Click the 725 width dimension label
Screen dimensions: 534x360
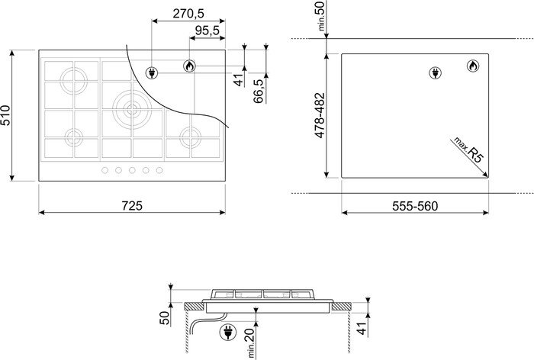132,206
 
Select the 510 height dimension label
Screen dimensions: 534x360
6,115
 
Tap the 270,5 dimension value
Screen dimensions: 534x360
188,14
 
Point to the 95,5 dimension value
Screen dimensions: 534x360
207,31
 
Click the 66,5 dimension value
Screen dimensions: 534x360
259,91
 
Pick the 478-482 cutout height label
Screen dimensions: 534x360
320,115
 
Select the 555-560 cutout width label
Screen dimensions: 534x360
415,206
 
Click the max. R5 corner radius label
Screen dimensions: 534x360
468,149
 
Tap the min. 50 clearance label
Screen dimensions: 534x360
321,15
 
